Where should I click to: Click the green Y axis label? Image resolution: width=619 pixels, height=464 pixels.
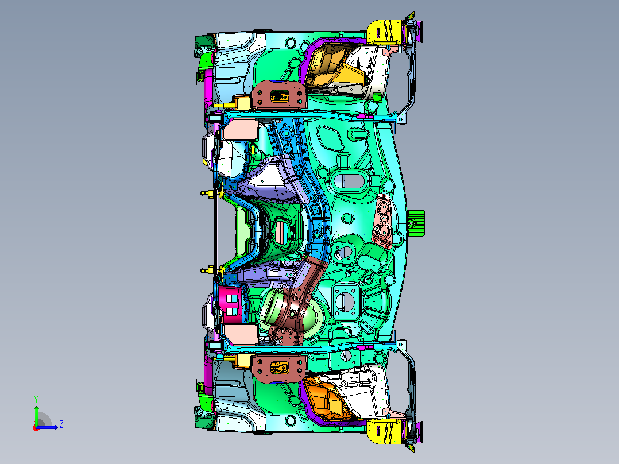point(36,400)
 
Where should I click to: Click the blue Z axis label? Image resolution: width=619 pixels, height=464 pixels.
point(61,424)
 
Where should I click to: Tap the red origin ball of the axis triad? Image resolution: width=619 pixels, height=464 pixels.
point(36,428)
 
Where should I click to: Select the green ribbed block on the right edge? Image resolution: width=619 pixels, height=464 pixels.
point(416,223)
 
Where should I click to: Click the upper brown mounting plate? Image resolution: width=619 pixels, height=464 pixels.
point(280,94)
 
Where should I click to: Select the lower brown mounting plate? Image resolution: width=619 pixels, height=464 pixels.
point(280,368)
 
